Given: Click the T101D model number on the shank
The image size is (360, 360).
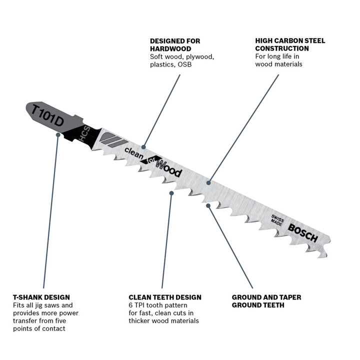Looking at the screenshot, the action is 47,115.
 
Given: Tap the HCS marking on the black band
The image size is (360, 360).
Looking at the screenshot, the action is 84,133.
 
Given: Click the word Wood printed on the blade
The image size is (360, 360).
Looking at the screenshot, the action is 169,168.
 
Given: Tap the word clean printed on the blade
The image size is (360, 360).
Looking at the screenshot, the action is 134,153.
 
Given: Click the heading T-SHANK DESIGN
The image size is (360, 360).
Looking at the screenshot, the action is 41,297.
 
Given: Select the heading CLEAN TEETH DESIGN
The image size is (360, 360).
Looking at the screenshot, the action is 165,297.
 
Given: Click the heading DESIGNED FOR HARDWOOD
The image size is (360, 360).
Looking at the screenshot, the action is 175,45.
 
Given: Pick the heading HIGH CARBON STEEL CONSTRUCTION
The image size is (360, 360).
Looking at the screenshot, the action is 290,44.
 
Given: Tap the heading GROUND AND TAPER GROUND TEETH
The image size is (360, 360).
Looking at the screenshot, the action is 266,301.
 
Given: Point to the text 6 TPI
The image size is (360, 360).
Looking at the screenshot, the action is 136,305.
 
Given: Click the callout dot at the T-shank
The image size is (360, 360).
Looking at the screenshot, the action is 58,135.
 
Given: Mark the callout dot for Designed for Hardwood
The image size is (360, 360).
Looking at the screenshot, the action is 143,147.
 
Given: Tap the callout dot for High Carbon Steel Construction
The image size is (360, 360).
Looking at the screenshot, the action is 208,183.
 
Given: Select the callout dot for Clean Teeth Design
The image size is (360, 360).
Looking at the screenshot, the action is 171,193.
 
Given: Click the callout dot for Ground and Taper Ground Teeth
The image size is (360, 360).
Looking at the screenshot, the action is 208,205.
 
